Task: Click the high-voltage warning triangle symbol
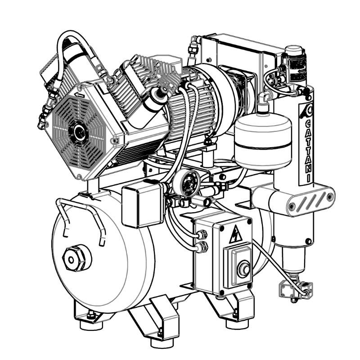236,235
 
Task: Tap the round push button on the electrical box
243,269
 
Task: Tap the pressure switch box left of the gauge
142,204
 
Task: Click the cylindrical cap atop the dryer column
294,49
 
